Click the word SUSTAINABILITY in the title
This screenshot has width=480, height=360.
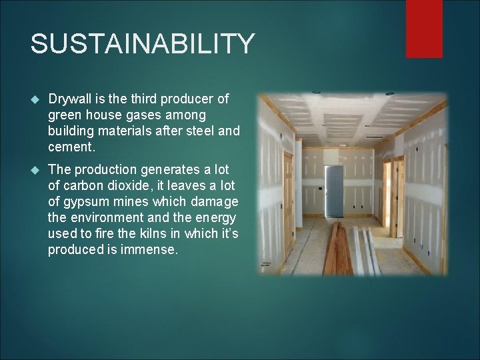click(x=142, y=44)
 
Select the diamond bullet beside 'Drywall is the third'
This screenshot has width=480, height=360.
click(x=35, y=100)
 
